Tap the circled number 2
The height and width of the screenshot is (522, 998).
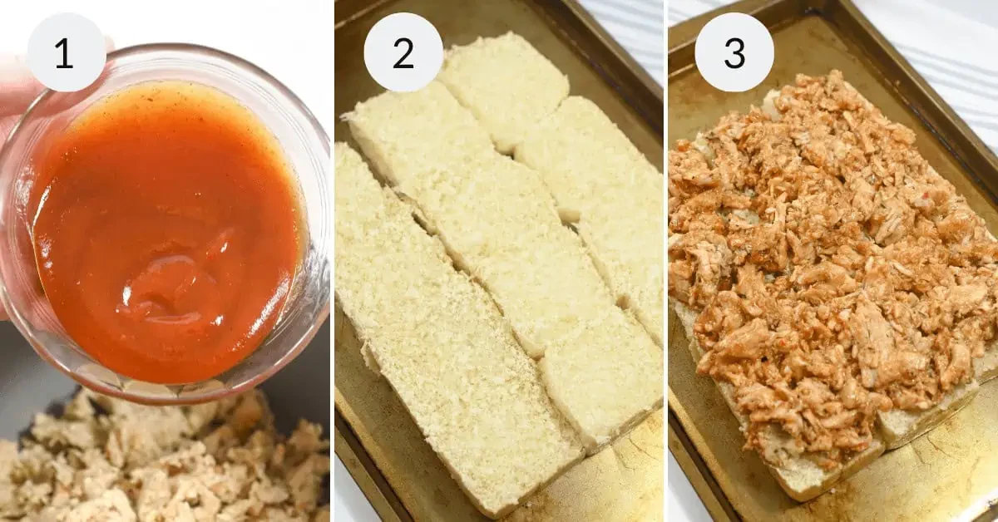(403, 53)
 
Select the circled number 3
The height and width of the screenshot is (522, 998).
(734, 52)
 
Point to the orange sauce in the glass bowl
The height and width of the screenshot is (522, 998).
(170, 232)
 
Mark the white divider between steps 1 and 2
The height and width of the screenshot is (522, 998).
(333, 261)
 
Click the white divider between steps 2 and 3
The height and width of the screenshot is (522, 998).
(665, 261)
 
